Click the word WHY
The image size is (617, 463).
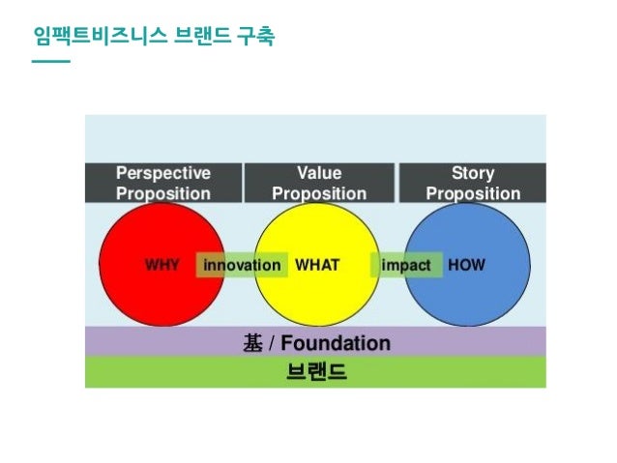[x=162, y=265]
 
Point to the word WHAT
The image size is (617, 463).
[x=316, y=265]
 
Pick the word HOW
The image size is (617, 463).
[x=466, y=265]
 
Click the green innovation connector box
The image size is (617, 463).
[x=242, y=265]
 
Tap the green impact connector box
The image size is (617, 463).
[x=406, y=265]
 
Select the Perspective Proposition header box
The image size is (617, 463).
[x=162, y=183]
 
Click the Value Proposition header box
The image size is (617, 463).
[x=318, y=183]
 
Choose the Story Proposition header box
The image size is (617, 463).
[x=473, y=183]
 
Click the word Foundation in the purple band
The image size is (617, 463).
[x=336, y=343]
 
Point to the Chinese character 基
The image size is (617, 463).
[x=251, y=343]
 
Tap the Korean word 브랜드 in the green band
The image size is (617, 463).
[x=316, y=372]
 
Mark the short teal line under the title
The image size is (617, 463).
[x=50, y=62]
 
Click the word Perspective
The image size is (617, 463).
[x=162, y=174]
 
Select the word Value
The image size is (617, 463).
[x=318, y=174]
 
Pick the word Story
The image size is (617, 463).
[x=473, y=174]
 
